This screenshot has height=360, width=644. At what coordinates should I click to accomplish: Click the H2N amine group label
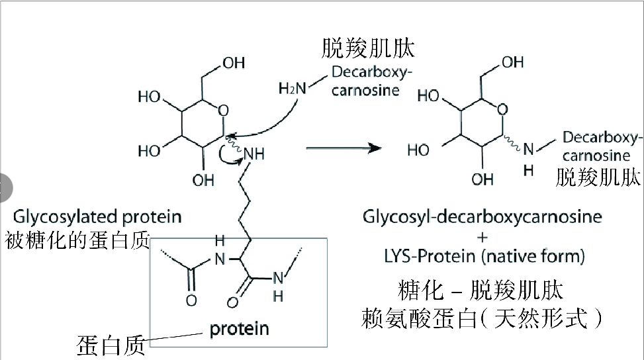click(292, 88)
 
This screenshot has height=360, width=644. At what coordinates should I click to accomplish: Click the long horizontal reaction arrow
click(344, 148)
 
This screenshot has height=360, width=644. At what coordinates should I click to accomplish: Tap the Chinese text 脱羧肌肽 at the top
click(368, 48)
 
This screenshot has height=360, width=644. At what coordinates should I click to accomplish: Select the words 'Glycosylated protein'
click(97, 216)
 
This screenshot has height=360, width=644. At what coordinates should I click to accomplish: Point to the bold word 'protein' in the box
click(239, 328)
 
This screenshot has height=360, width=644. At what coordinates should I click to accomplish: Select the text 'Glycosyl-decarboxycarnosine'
click(483, 216)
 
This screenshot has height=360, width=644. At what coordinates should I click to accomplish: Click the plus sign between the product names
click(483, 236)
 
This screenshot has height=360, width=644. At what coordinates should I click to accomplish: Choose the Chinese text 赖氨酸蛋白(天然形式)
click(483, 319)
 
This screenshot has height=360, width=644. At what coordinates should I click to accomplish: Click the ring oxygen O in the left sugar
click(223, 109)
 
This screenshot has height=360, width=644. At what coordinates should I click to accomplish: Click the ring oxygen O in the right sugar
click(504, 109)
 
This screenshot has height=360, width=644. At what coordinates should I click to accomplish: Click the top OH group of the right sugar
click(512, 63)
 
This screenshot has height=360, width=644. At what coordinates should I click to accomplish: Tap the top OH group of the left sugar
click(233, 63)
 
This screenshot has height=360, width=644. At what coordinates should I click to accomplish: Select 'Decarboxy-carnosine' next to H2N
click(365, 80)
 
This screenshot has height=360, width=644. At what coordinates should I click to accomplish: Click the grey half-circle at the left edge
click(5, 187)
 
